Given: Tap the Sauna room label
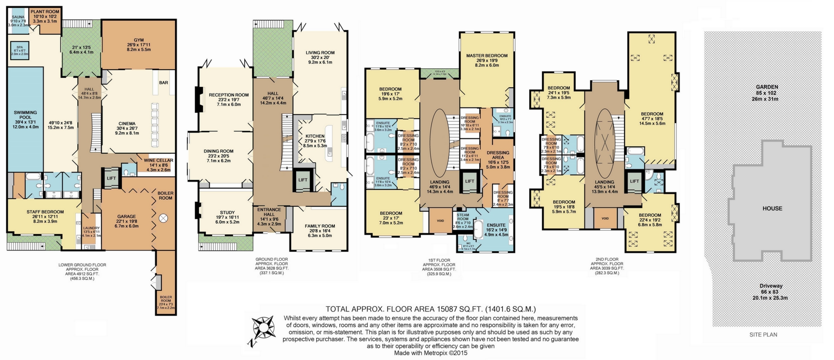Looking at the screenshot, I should (x=18, y=17).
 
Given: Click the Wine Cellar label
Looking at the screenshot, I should (x=158, y=161).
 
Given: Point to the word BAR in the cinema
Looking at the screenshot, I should (x=164, y=83).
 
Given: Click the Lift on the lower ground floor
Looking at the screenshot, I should (x=111, y=178).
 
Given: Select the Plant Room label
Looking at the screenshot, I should (x=44, y=12).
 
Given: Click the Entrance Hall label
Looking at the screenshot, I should (x=269, y=210).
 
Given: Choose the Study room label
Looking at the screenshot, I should (x=227, y=213).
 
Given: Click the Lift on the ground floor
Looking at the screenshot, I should (x=303, y=180).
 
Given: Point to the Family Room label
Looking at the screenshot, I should (x=320, y=226).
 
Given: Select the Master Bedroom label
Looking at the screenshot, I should (x=487, y=56).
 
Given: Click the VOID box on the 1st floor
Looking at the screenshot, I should (x=440, y=221).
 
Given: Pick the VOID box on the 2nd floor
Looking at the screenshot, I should (x=605, y=219).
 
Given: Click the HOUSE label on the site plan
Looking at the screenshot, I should (x=772, y=208).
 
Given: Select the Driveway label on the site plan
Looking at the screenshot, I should (x=771, y=286).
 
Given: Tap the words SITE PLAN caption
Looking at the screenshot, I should (x=763, y=334).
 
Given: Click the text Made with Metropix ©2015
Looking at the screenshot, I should (x=431, y=353).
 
